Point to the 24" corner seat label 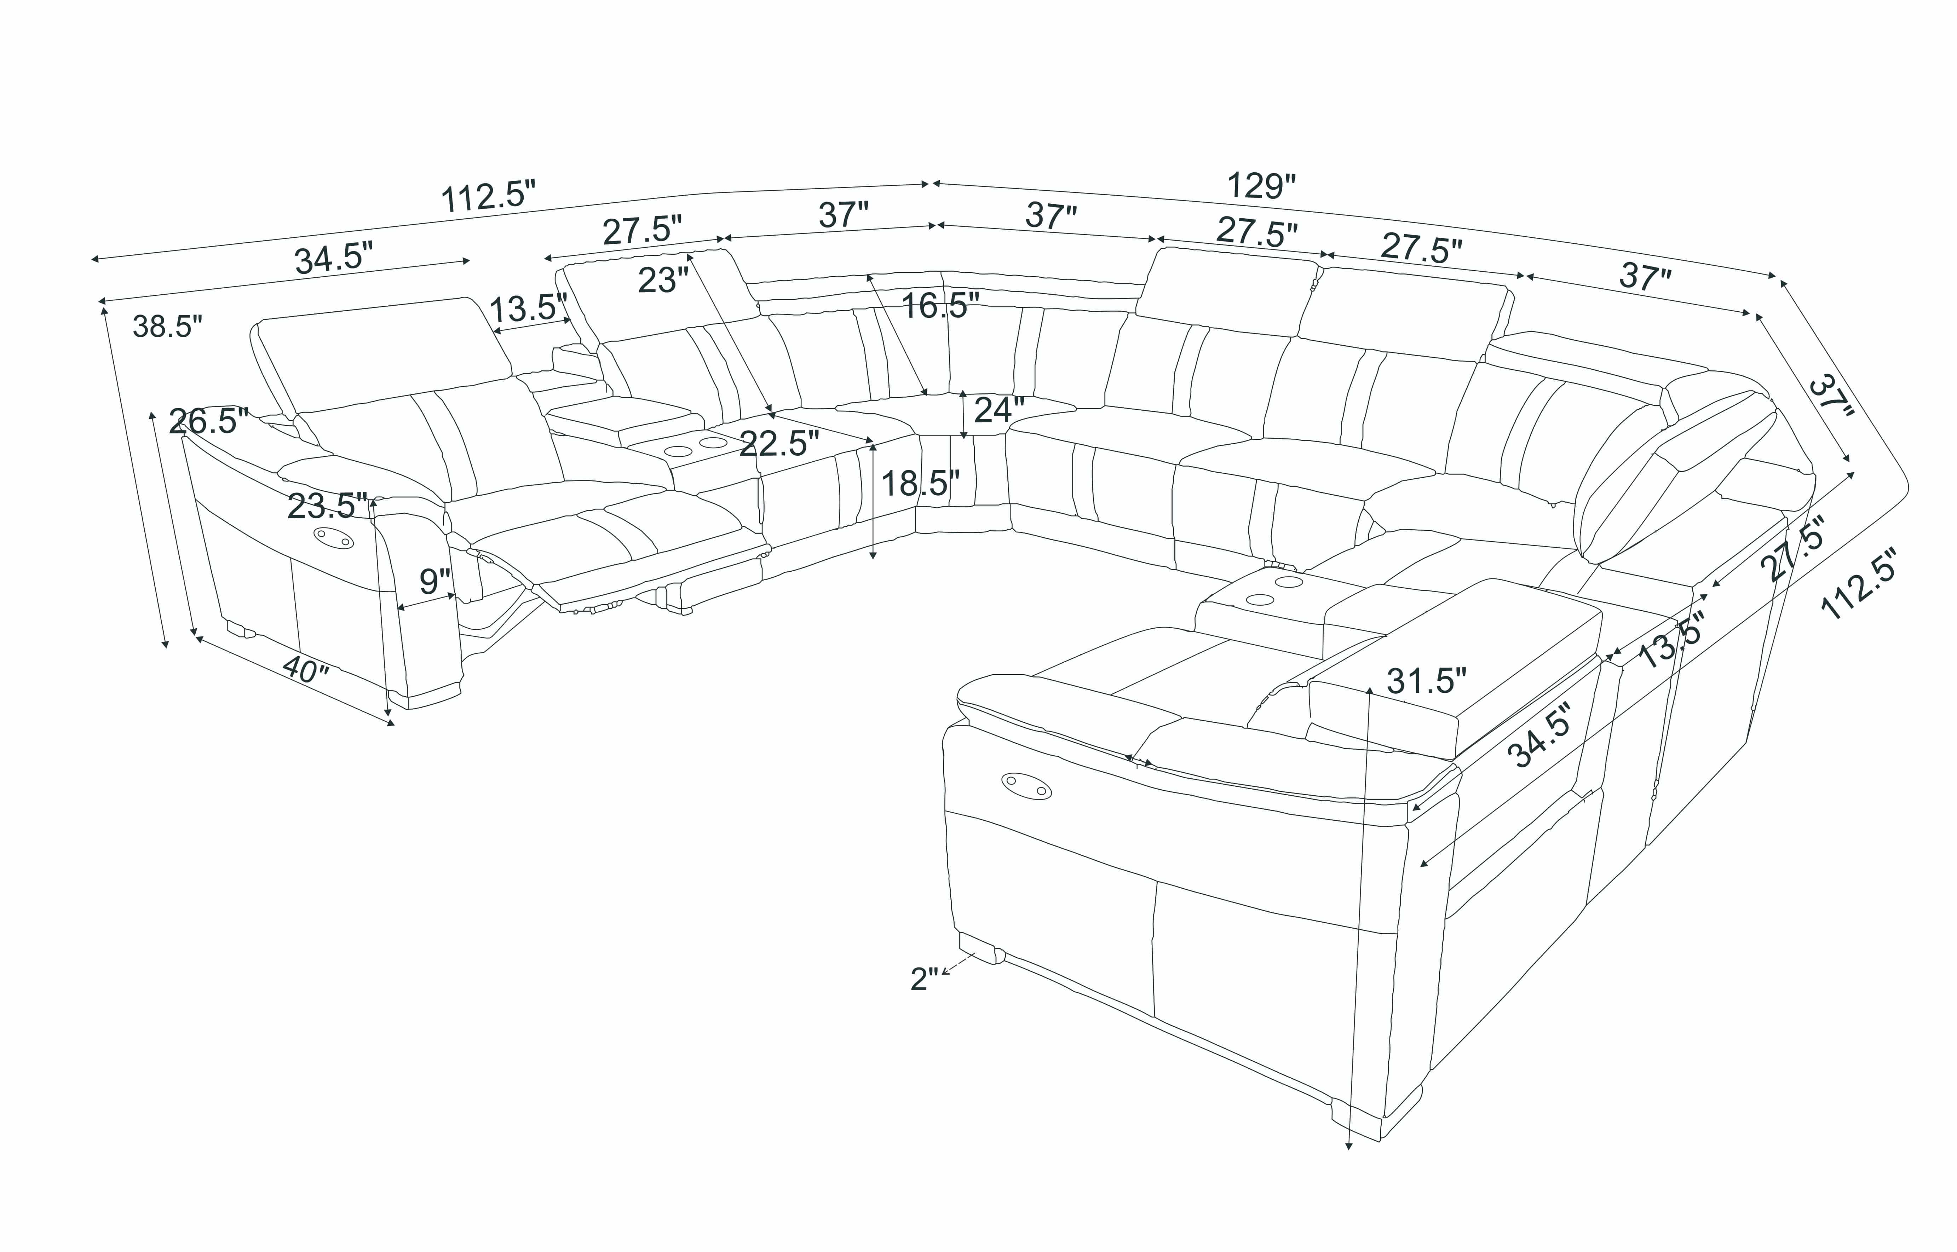click(x=999, y=411)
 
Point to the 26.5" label click(x=208, y=421)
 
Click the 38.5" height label click(x=167, y=327)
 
